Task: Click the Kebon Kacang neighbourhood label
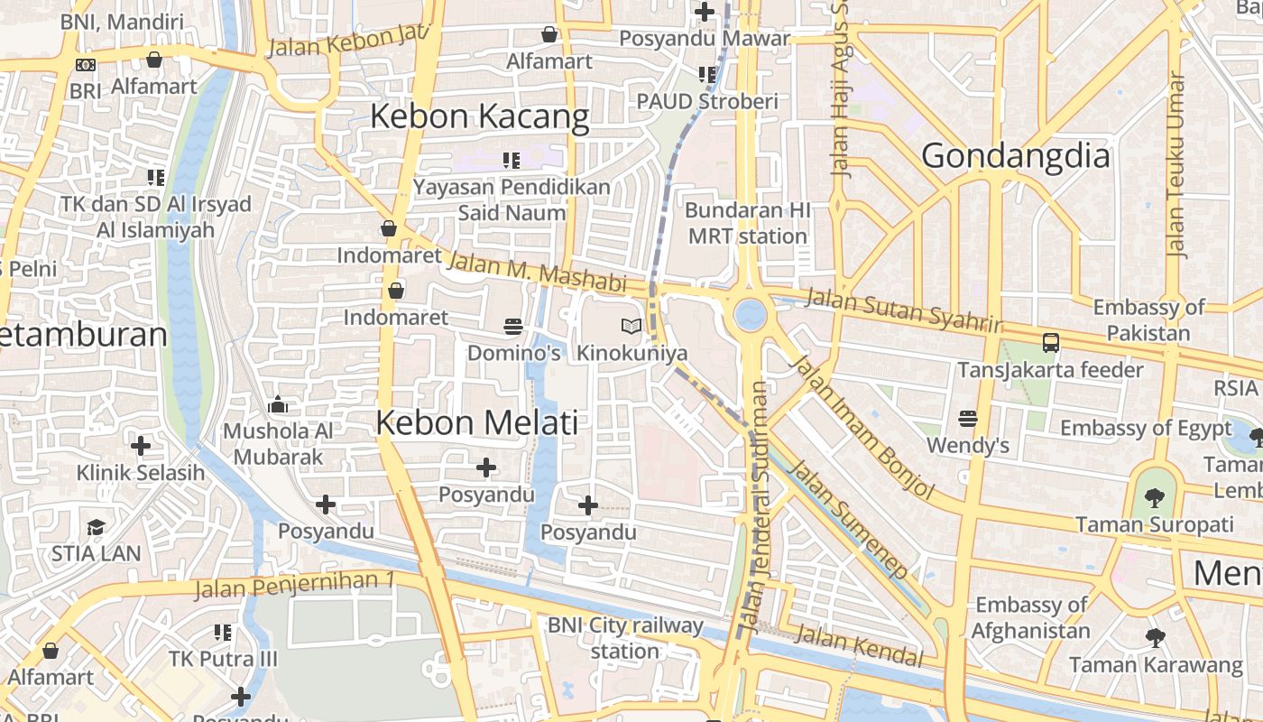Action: pos(479,117)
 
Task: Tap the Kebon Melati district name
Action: pos(476,422)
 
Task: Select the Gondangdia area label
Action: pos(1015,156)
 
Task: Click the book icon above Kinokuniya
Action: pos(631,326)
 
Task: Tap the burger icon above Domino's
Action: pos(513,325)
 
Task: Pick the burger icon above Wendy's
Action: pos(968,418)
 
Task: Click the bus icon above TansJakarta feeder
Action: pos(1050,343)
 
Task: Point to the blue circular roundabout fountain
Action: pos(750,315)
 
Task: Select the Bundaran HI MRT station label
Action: pos(746,223)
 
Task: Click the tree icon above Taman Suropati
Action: pos(1154,496)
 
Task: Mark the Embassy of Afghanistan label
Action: pos(1031,617)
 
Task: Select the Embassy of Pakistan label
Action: pos(1148,319)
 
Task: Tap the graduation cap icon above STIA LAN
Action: pos(96,527)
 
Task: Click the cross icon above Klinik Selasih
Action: pos(140,446)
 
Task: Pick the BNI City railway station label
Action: pos(625,637)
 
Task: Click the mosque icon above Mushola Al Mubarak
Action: pos(278,404)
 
